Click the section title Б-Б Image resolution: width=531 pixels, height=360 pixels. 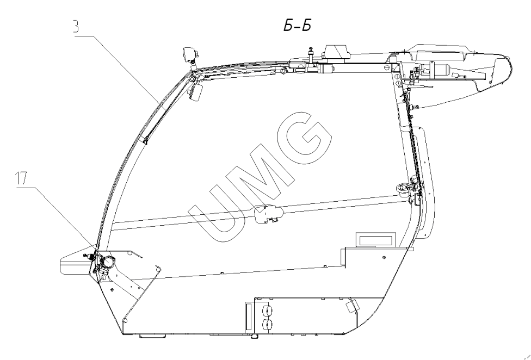click(x=297, y=26)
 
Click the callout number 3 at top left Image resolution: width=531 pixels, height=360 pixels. click(x=77, y=27)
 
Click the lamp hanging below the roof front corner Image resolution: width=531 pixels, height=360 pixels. click(x=196, y=92)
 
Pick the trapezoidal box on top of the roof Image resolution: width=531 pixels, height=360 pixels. click(x=335, y=52)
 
